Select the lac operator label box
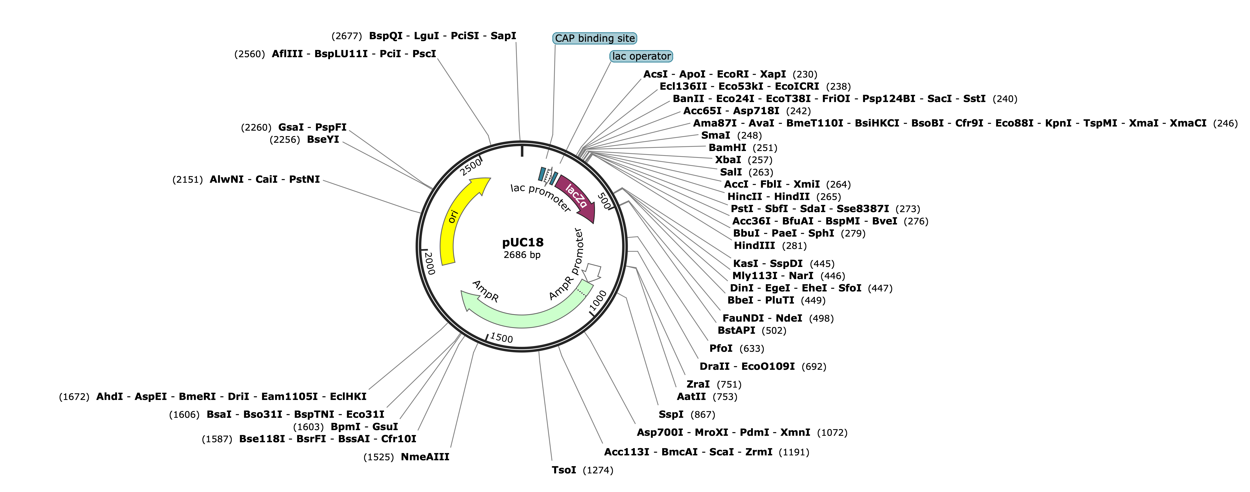pyautogui.click(x=641, y=56)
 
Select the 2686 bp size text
pyautogui.click(x=522, y=255)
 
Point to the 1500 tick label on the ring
pyautogui.click(x=501, y=337)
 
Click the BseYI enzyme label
pyautogui.click(x=323, y=139)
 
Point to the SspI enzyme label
pyautogui.click(x=671, y=414)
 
